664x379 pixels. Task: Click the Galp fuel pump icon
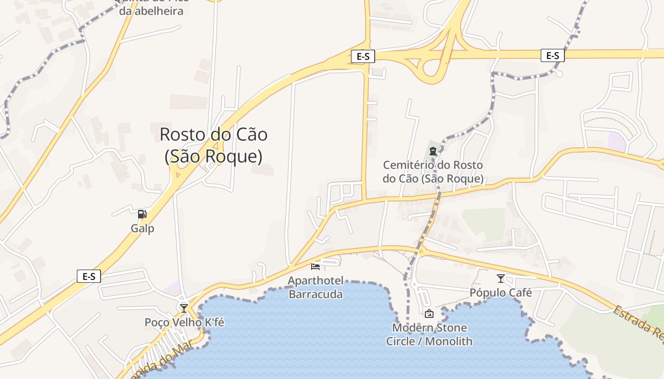[x=142, y=214]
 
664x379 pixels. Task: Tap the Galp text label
[x=142, y=228]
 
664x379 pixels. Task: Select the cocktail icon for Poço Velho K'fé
[x=184, y=308]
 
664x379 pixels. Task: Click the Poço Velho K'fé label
[x=184, y=323]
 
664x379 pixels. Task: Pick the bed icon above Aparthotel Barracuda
[x=315, y=267]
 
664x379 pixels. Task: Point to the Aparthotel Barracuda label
[x=316, y=288]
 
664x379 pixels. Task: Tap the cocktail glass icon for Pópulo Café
[x=500, y=279]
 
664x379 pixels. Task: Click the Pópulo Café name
[x=500, y=293]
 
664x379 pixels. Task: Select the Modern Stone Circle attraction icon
[x=429, y=314]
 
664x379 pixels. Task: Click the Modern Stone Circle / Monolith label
[x=429, y=334]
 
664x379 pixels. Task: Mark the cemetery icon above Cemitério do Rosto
[x=433, y=152]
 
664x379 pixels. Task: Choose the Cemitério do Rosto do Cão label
[x=433, y=171]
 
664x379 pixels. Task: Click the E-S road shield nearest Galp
[x=89, y=276]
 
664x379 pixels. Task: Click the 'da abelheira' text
[x=151, y=11]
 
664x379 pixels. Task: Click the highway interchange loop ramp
[x=432, y=71]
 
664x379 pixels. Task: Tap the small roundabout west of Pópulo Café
[x=421, y=252]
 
